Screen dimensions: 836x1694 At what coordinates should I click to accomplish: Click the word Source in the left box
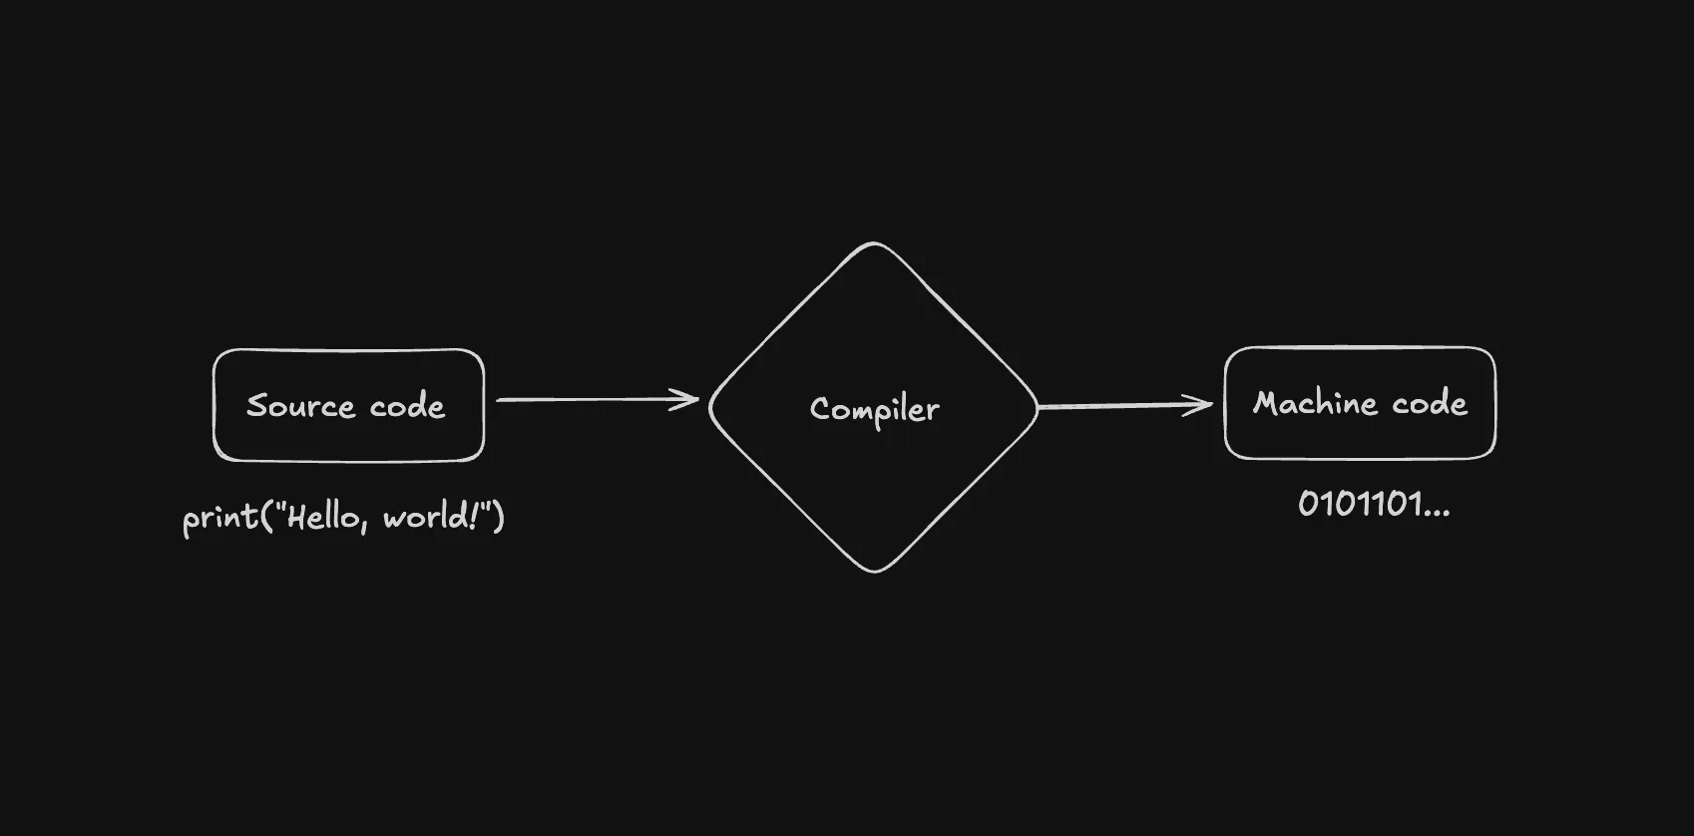point(300,406)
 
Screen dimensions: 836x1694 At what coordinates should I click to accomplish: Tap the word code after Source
point(407,406)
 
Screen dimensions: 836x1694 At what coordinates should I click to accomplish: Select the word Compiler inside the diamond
point(875,409)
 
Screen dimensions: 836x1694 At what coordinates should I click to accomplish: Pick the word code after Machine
point(1430,403)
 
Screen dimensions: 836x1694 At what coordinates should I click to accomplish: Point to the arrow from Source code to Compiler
point(597,400)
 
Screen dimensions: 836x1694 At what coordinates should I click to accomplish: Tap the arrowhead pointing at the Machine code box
point(1201,405)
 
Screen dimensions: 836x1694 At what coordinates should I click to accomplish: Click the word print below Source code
point(219,518)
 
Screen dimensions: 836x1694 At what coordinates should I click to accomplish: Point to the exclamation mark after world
point(472,516)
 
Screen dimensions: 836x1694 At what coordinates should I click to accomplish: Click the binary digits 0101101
point(1359,504)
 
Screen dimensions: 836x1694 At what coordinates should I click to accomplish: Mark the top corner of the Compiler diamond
point(874,243)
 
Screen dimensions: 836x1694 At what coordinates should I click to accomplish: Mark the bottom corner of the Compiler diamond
point(875,571)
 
